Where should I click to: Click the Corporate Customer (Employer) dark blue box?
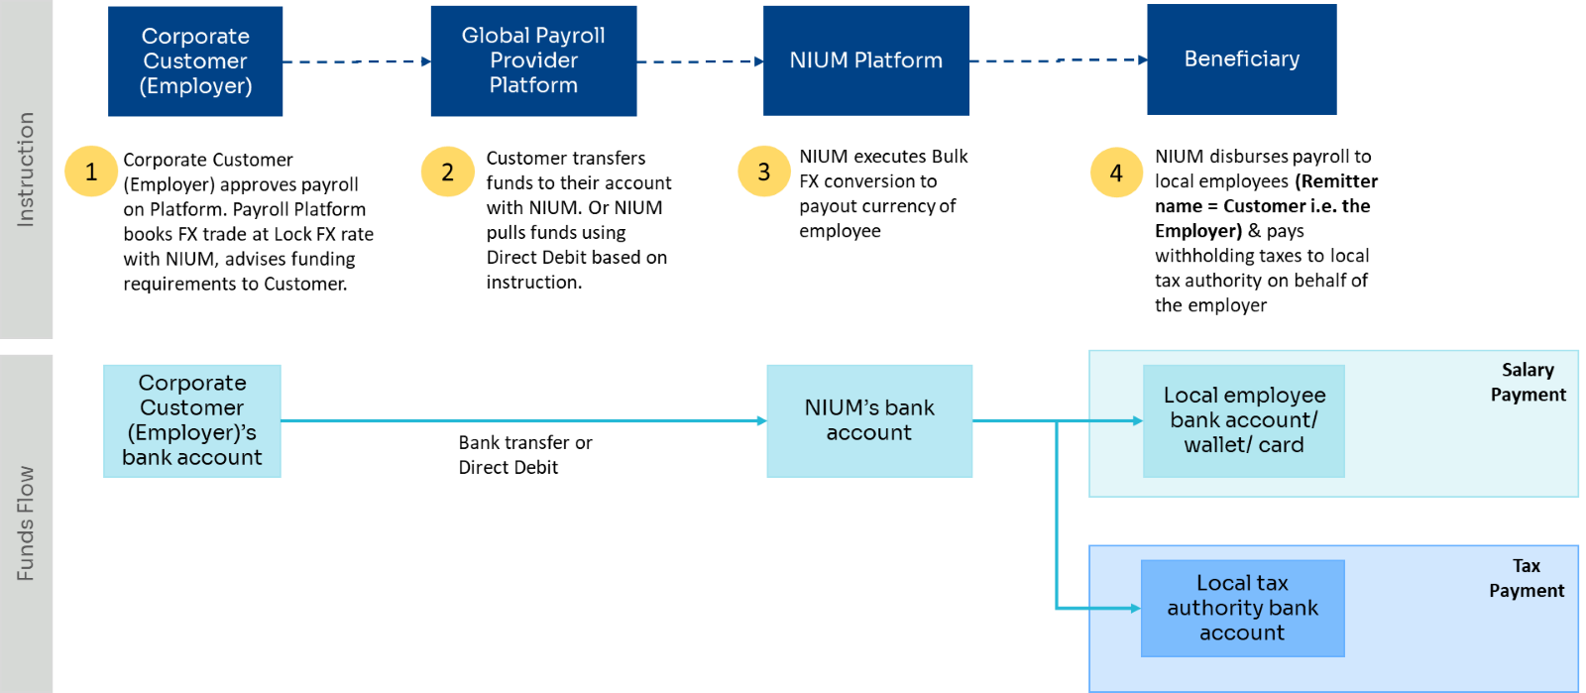pos(195,61)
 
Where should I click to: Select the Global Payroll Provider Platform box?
pos(533,60)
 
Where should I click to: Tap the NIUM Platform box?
pos(866,60)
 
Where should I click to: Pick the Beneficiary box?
pos(1241,59)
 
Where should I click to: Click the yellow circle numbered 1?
pos(91,172)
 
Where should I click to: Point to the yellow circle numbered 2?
pos(448,172)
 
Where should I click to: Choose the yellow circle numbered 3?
pos(764,172)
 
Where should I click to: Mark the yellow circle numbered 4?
pos(1117,173)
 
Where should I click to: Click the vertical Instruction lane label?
pos(26,170)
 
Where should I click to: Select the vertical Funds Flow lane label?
pos(26,522)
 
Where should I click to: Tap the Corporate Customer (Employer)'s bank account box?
pos(192,421)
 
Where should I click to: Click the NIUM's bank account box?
pos(869,421)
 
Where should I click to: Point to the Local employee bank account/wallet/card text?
pos(1244,420)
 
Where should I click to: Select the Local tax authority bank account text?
pos(1242,608)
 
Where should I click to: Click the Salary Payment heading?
pos(1528,383)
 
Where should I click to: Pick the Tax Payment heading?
pos(1527,579)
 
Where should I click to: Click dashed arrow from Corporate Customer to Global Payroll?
pos(356,61)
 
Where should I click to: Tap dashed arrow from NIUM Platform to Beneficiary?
pos(1058,60)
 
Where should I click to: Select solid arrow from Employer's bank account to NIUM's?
pos(523,421)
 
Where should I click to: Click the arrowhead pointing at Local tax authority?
pos(1135,608)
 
